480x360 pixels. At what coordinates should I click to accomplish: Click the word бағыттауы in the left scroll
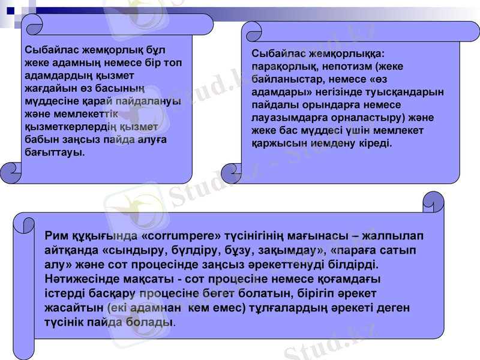coord(53,152)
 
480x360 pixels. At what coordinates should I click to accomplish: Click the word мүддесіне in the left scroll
coord(51,101)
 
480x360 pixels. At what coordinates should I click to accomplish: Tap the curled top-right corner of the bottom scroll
coord(433,202)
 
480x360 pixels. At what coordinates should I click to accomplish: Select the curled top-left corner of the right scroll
coord(251,31)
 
